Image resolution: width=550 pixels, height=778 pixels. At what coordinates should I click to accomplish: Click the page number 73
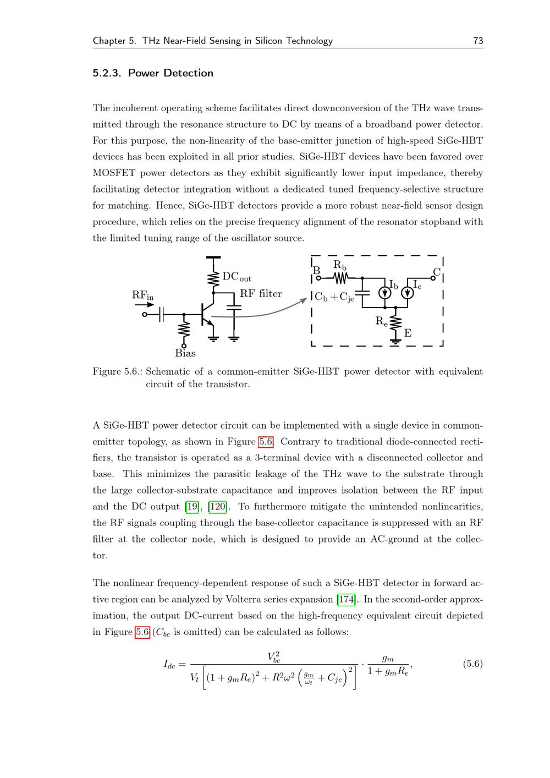[x=477, y=41]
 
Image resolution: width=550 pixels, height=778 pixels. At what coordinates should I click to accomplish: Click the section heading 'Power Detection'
[x=170, y=73]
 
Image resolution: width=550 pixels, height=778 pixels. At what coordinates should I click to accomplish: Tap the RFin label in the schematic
[x=142, y=295]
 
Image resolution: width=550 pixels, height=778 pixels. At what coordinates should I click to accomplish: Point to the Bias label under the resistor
[x=185, y=353]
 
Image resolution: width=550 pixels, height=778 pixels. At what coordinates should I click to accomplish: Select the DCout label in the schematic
[x=237, y=277]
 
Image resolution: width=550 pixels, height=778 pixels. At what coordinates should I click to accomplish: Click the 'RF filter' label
[x=261, y=294]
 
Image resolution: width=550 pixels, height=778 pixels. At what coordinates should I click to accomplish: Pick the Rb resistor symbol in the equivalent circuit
[x=339, y=278]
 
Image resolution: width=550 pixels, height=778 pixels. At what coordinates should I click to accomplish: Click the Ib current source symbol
[x=385, y=293]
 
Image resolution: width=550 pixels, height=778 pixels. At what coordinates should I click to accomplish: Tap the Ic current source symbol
[x=408, y=293]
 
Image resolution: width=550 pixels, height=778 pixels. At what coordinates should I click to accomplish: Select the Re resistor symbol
[x=395, y=323]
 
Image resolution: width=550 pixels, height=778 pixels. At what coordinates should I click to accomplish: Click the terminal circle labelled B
[x=318, y=278]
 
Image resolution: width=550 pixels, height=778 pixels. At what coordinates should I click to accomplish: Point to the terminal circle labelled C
[x=433, y=278]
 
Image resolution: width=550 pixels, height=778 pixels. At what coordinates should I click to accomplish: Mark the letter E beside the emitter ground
[x=408, y=333]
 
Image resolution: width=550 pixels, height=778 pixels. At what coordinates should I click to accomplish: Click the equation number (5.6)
[x=472, y=664]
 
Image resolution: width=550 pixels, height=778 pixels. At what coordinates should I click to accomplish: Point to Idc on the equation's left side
[x=169, y=664]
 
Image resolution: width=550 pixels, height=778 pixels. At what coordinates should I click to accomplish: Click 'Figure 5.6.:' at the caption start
[x=118, y=371]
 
